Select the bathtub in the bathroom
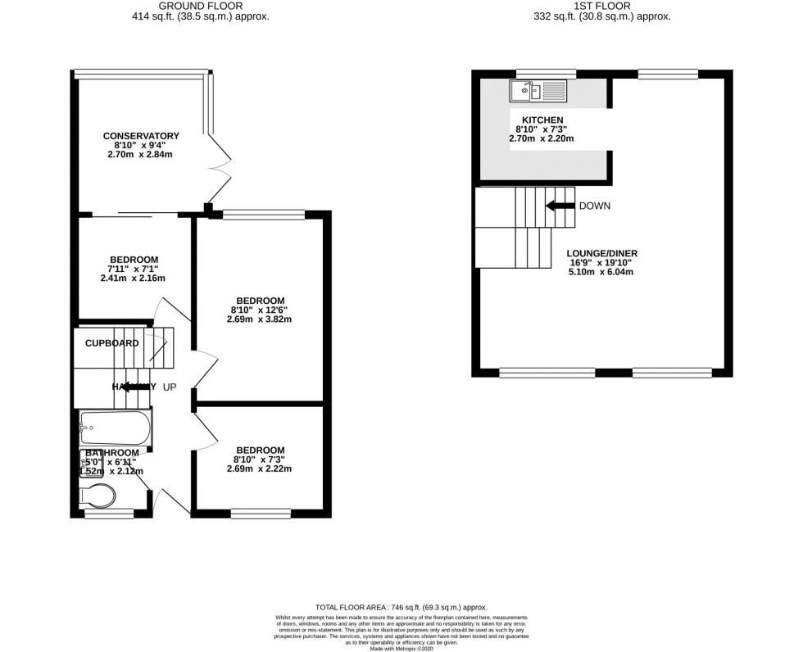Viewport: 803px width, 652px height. click(x=115, y=427)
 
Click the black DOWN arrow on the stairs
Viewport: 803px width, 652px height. click(x=560, y=206)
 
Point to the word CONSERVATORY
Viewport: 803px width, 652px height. click(x=141, y=136)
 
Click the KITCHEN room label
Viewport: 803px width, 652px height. click(x=544, y=120)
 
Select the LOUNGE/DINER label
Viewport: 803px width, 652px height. click(x=602, y=253)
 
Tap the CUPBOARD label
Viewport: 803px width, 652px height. click(x=112, y=343)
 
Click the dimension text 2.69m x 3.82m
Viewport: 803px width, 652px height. click(x=259, y=319)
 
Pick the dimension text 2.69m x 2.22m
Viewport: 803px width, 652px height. click(x=260, y=469)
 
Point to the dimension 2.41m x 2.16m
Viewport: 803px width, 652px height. click(x=133, y=278)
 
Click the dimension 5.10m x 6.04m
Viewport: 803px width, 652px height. click(x=602, y=273)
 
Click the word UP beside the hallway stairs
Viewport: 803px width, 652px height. click(x=170, y=387)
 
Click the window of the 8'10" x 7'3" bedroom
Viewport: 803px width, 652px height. click(x=260, y=514)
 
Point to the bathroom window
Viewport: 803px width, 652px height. click(x=109, y=514)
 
